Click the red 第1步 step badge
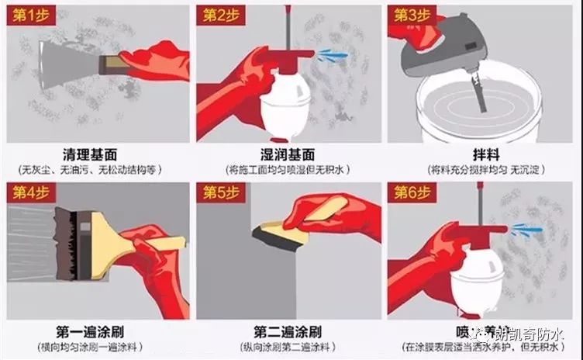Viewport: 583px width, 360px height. (x=29, y=16)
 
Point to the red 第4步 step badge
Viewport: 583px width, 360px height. (x=29, y=192)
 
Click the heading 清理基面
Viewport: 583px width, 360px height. (x=96, y=153)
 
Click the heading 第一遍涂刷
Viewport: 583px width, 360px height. (x=96, y=329)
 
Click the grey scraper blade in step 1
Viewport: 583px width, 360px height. (x=66, y=62)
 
